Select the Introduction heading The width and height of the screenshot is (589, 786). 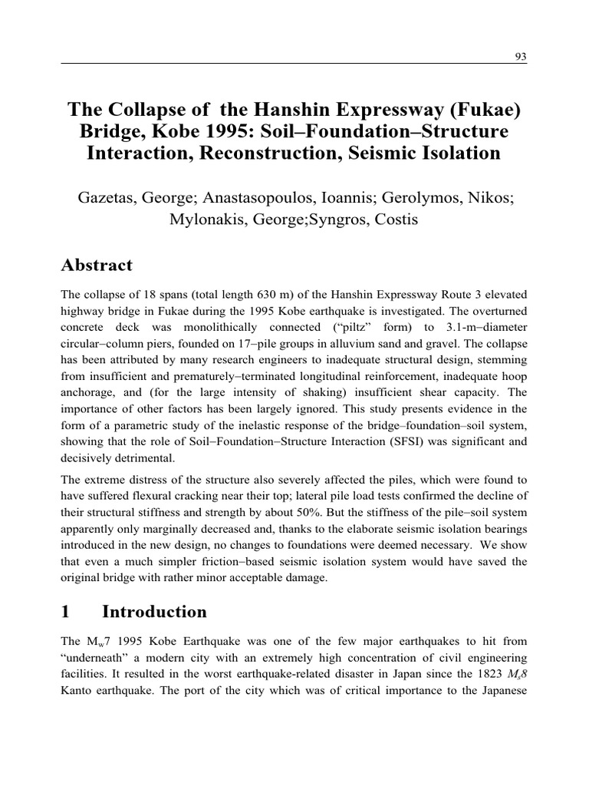(154, 612)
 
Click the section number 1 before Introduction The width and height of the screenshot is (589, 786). (66, 612)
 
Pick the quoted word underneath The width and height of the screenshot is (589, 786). (97, 659)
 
